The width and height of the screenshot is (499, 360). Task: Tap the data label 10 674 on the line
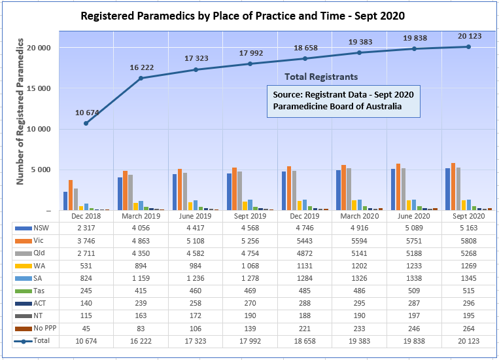[87, 113]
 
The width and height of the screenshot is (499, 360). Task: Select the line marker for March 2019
[141, 79]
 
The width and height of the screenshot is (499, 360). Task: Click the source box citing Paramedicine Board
[343, 100]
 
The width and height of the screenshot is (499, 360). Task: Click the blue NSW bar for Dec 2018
[65, 201]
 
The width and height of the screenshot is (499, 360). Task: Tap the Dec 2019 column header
[305, 215]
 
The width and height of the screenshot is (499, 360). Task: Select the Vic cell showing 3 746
[86, 242]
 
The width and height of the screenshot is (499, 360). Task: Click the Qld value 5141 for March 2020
[360, 254]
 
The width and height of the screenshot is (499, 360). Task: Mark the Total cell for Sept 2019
[250, 341]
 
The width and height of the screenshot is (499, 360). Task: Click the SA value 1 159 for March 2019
[141, 279]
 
